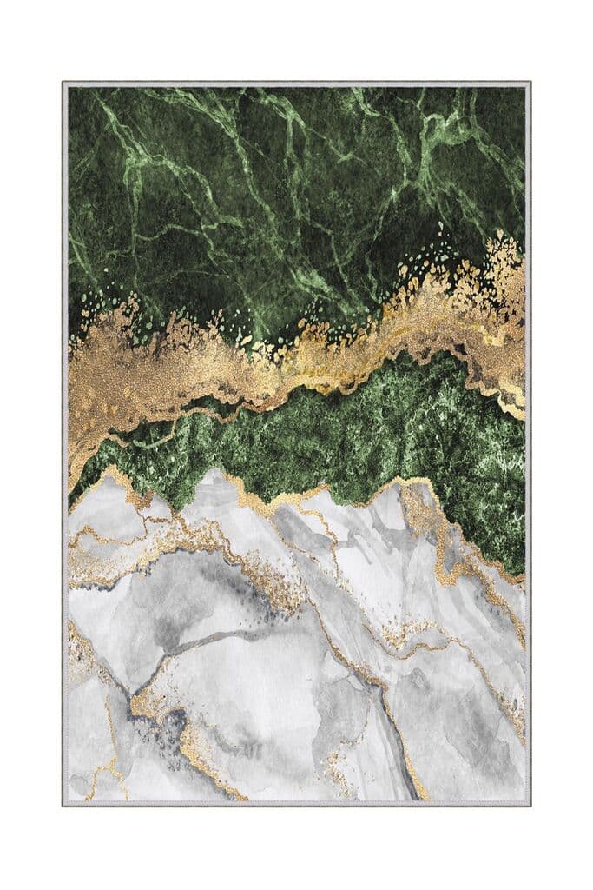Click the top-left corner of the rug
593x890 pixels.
(63, 83)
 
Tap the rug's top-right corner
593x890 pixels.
(530, 83)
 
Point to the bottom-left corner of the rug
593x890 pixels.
(63, 805)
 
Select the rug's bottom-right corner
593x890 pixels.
(530, 805)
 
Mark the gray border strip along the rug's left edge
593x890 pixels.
(65, 435)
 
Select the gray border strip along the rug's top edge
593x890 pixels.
(295, 84)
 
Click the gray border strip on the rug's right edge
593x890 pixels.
(528, 435)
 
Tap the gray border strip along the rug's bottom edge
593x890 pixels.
(295, 803)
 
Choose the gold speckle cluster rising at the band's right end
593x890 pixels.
(499, 261)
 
